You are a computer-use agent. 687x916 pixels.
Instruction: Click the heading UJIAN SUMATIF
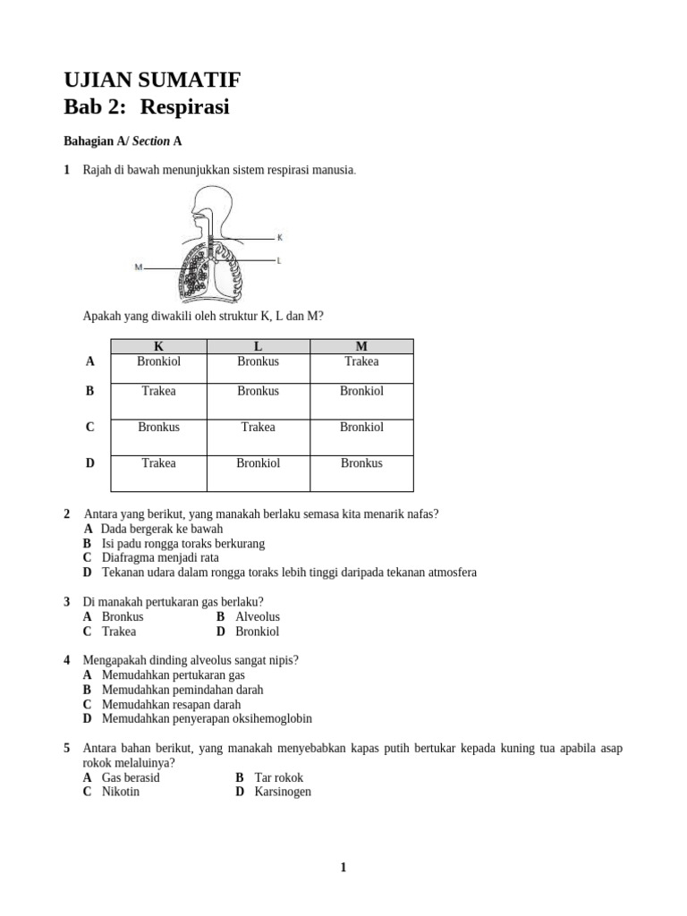[x=152, y=81]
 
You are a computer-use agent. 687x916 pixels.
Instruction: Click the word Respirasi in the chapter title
[x=190, y=107]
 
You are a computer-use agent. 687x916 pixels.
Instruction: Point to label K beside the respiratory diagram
[x=280, y=238]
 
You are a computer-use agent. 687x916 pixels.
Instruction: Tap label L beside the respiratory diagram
[x=280, y=260]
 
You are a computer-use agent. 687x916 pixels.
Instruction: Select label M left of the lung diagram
[x=139, y=267]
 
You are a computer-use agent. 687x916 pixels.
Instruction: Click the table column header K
[x=158, y=346]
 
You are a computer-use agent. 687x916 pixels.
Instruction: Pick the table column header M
[x=361, y=346]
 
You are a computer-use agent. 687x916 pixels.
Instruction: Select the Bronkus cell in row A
[x=258, y=361]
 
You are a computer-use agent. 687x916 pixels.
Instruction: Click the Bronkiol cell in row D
[x=258, y=462]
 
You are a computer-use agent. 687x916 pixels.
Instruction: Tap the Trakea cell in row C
[x=258, y=427]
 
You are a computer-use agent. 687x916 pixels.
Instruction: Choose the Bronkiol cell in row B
[x=361, y=391]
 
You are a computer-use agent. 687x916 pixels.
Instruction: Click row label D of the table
[x=89, y=463]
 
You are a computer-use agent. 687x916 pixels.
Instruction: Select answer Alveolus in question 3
[x=258, y=616]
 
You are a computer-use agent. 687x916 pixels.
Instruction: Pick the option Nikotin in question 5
[x=121, y=792]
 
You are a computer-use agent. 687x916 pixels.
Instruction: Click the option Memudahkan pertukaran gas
[x=173, y=675]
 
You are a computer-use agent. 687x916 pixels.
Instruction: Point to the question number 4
[x=67, y=660]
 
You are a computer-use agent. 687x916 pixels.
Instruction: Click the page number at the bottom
[x=343, y=867]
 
